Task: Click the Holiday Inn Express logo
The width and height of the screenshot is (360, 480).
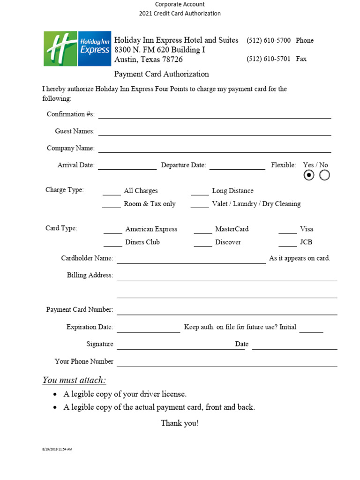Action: click(x=77, y=49)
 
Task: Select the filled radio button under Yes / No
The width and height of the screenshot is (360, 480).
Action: click(x=309, y=175)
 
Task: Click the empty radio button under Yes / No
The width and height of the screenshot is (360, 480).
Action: click(x=324, y=175)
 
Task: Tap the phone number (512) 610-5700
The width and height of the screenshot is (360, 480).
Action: click(x=269, y=40)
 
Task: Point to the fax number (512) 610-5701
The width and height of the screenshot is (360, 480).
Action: click(x=269, y=59)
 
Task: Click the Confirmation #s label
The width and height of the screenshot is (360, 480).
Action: click(x=71, y=114)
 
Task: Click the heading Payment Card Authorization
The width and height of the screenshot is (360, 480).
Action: click(x=162, y=74)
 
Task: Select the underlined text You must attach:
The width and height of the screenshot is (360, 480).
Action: click(x=74, y=380)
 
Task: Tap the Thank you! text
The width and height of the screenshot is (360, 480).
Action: click(x=180, y=423)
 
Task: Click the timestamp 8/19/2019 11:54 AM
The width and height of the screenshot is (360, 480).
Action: click(x=57, y=449)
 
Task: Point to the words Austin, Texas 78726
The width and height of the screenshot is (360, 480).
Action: click(x=149, y=60)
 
